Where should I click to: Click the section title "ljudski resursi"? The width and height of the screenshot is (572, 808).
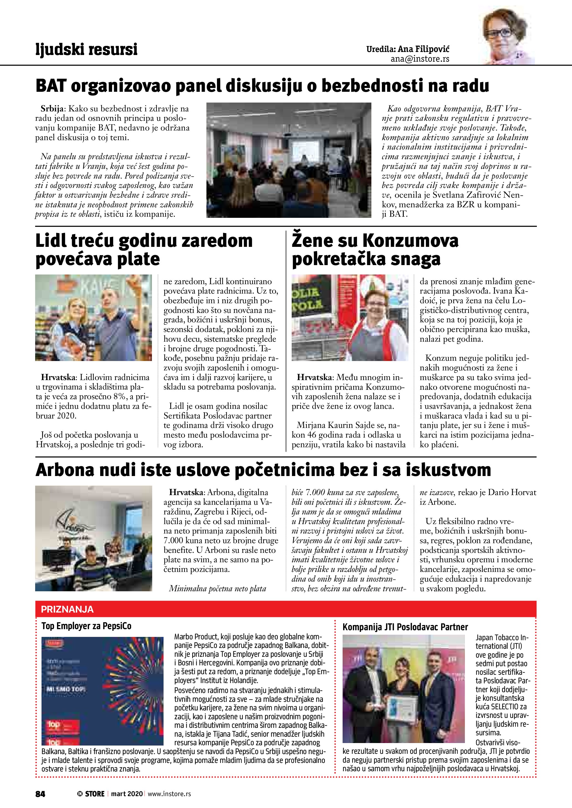pos(86,49)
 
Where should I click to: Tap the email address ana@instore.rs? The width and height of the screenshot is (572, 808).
pos(420,59)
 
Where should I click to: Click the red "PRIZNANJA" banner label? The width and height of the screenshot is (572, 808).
pos(67,610)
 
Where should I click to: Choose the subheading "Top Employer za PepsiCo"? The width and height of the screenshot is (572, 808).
pos(86,626)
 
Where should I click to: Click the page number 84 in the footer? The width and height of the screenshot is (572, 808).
pos(40,794)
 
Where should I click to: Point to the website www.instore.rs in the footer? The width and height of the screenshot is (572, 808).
pos(169,794)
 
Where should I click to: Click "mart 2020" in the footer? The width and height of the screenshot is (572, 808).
pos(127,794)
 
